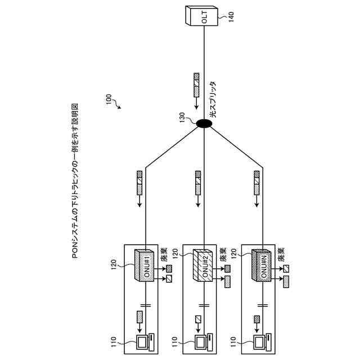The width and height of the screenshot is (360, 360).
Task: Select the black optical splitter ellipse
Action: pos(202,123)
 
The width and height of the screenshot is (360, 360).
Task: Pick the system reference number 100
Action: pos(107,100)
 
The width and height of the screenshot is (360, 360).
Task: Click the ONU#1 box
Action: pos(146,265)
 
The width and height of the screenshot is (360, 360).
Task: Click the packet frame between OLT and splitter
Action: pos(196,85)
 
